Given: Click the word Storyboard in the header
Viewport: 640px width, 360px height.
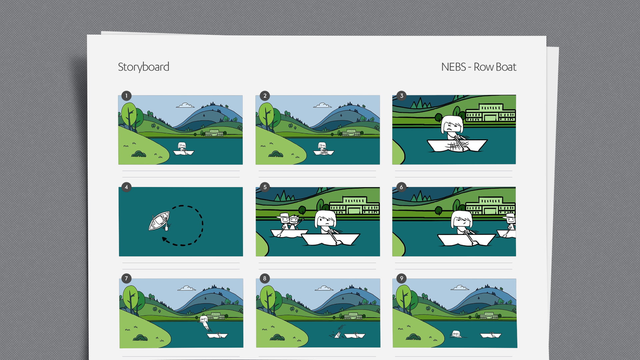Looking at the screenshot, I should [143, 67].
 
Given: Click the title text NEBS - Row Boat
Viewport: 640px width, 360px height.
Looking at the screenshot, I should [478, 67].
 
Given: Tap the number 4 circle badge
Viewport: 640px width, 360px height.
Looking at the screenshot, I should [126, 187].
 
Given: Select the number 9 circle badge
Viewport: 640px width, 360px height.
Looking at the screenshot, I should [401, 278].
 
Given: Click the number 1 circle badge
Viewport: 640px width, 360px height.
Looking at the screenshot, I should [126, 96].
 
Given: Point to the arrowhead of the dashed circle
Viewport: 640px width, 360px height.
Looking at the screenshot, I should [164, 239].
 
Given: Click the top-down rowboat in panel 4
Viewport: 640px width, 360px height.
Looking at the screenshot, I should [159, 221].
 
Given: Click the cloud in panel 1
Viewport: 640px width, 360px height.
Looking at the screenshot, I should [185, 106].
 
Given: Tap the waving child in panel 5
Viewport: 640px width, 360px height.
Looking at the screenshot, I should [294, 221].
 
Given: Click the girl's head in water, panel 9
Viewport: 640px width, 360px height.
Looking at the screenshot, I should [456, 334].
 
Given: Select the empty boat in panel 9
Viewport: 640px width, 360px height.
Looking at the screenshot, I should [491, 335].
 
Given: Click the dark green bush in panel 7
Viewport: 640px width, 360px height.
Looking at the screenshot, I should [140, 338].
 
